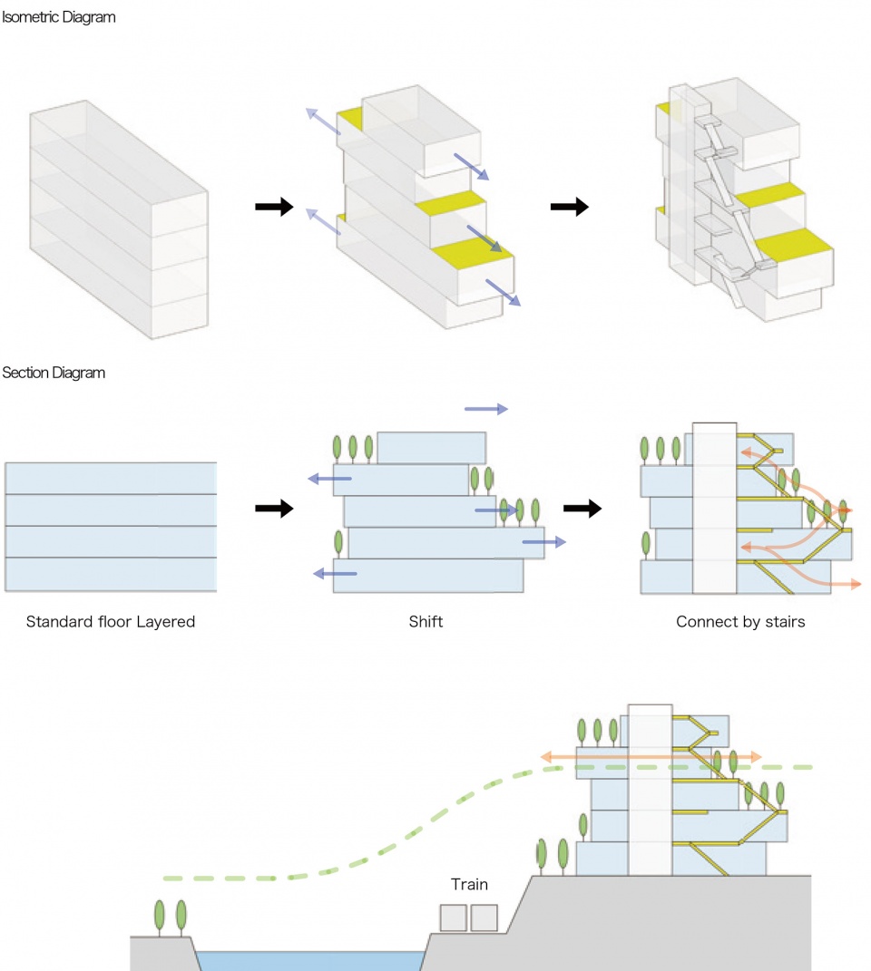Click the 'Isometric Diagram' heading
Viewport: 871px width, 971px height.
[58, 17]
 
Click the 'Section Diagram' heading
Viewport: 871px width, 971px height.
[54, 373]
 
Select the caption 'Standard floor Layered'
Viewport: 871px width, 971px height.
[111, 622]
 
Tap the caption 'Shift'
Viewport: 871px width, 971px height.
[426, 622]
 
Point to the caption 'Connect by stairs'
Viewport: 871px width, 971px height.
[740, 622]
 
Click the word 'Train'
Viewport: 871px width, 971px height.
[469, 884]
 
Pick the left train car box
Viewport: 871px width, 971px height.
[454, 918]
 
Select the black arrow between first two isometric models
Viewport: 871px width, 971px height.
[274, 208]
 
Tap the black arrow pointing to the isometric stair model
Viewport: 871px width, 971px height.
[569, 208]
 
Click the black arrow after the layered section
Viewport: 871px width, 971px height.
[274, 509]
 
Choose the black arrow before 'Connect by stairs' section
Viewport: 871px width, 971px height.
[582, 509]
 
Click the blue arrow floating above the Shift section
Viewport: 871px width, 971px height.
[485, 410]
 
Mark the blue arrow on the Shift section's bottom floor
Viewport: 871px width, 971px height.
[335, 573]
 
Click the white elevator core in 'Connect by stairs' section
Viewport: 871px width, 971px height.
[713, 508]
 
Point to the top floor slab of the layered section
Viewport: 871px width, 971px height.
[111, 478]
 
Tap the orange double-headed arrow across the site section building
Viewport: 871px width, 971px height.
[651, 755]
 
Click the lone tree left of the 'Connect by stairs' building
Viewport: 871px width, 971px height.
[646, 544]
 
